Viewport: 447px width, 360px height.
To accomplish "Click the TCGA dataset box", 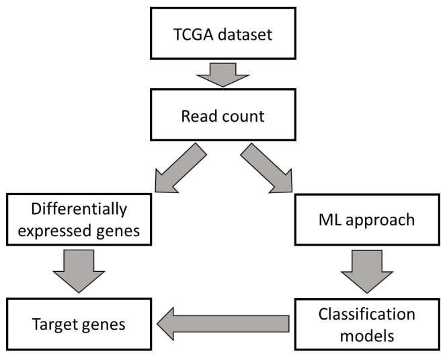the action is pos(223,34).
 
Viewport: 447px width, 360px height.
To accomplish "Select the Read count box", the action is pos(223,115).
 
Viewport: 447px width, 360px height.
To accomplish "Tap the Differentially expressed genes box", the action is pos(79,219).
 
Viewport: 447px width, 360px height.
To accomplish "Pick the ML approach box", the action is pos(367,219).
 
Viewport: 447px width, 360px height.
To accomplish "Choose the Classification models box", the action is pos(367,324).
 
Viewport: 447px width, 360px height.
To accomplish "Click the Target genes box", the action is pos(79,324).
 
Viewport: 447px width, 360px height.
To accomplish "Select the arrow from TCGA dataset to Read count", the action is pos(223,75).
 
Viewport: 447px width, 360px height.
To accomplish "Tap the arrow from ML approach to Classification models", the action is pos(367,271).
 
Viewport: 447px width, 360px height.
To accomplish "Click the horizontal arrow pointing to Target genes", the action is pos(223,324).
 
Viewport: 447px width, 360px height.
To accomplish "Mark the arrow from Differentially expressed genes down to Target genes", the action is pos(79,271).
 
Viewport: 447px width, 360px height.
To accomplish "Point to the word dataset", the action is pos(245,34).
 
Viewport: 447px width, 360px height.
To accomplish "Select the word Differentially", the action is pos(79,209).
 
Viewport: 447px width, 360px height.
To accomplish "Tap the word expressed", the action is pos(54,231).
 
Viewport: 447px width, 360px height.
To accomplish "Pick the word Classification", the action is pos(367,314).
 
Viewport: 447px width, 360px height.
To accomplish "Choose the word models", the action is pos(367,336).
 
